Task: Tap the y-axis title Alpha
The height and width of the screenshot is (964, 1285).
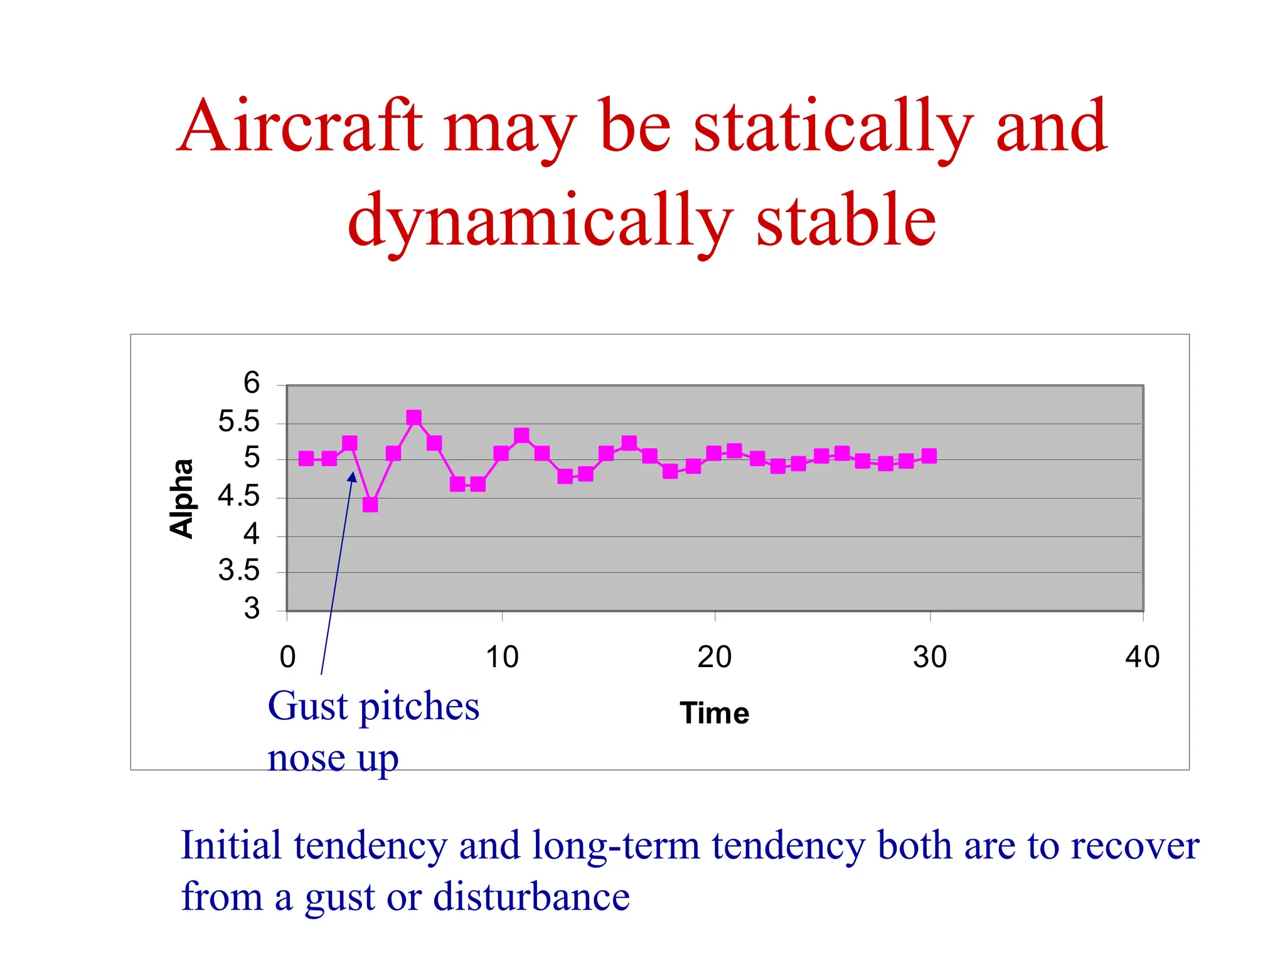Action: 182,499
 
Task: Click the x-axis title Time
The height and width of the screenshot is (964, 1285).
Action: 714,714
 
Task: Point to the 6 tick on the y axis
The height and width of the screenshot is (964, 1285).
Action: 252,383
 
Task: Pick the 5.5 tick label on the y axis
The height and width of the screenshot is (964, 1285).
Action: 238,422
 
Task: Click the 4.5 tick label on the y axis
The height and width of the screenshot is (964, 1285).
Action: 238,497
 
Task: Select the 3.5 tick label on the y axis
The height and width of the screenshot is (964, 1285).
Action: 238,571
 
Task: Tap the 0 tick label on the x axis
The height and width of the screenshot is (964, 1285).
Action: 287,657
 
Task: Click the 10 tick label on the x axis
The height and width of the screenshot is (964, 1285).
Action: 502,657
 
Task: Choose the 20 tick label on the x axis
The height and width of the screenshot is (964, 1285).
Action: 715,657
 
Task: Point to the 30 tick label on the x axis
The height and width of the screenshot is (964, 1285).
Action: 930,657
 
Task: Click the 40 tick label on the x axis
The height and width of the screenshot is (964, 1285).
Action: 1143,657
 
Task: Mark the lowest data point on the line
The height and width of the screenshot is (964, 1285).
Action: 370,505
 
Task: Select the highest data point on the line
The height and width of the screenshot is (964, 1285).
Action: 413,418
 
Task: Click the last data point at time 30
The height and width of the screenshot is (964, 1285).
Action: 929,456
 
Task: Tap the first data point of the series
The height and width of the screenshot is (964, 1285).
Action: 306,459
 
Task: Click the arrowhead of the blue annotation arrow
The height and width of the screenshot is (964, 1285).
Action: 353,476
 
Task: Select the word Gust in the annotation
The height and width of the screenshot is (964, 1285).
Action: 307,707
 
